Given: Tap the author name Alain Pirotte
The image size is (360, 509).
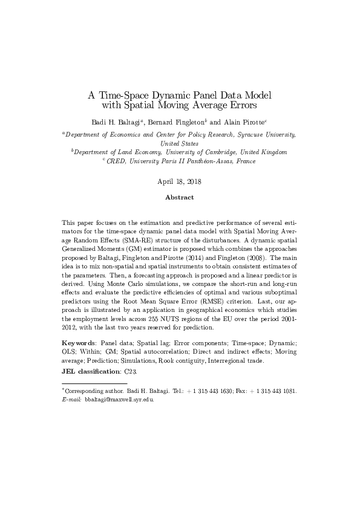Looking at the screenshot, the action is coord(243,122).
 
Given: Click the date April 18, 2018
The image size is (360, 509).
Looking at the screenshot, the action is coord(180,181).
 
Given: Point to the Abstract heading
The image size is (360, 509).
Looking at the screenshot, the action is coord(180,197).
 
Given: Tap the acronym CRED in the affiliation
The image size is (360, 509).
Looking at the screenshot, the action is coord(116,161).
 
